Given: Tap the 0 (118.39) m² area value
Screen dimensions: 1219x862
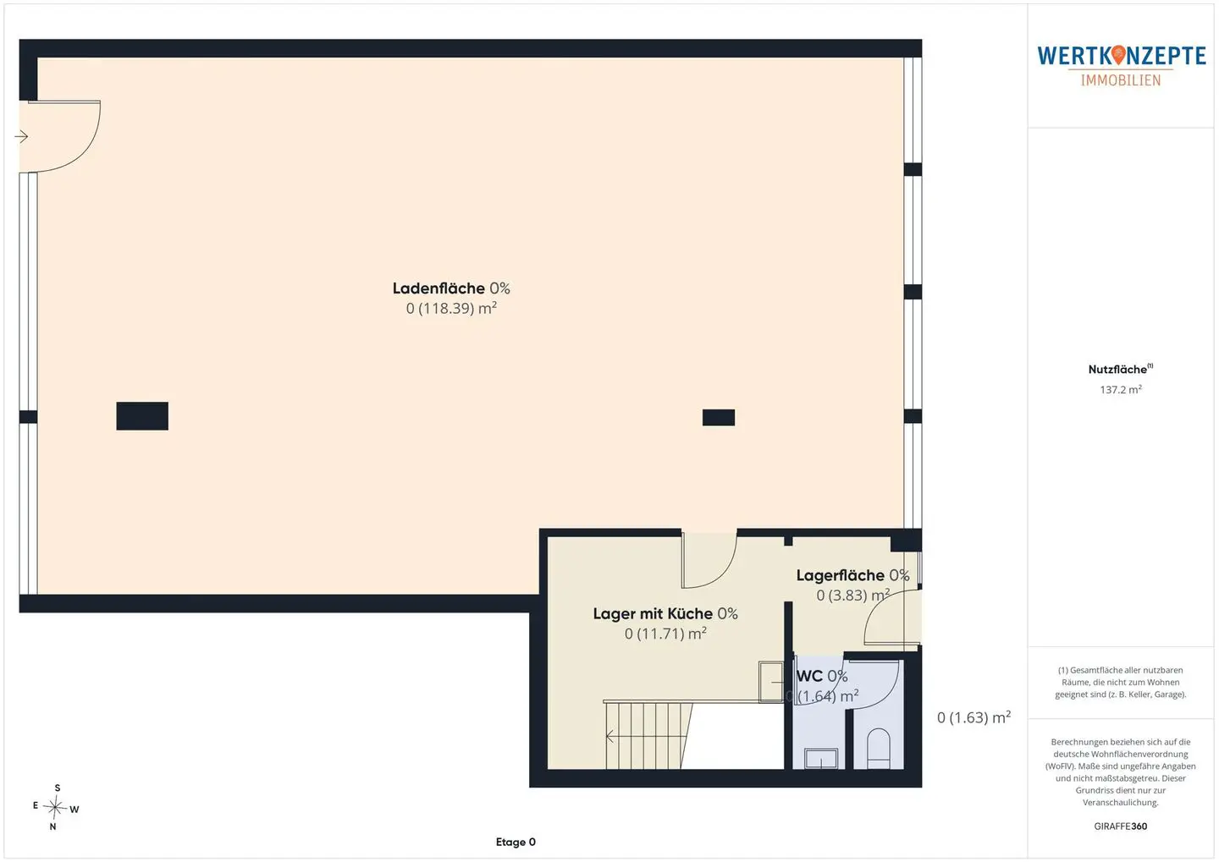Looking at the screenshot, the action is [451, 309].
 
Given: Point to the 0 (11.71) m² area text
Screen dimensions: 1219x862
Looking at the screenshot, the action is [665, 634].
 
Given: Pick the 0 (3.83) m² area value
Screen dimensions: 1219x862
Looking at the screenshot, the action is [852, 595].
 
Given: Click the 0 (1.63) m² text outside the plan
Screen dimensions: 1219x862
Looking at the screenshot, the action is [974, 717].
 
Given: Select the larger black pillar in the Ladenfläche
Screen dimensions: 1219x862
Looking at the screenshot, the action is [142, 416].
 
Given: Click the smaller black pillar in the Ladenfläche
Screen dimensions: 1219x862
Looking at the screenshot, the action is [719, 418].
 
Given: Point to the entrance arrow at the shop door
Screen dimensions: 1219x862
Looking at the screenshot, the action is [21, 136].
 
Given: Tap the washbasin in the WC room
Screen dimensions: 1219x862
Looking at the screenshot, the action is [821, 758].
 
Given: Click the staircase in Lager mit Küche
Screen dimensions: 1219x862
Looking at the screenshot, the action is [648, 736].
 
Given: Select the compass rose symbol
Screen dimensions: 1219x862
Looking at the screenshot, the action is [56, 807].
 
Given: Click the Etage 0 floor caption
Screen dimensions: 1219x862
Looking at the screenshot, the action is [516, 842].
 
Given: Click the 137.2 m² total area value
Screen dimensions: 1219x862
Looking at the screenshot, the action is [1121, 389].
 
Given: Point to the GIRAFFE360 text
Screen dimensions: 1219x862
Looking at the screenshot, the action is [1121, 826].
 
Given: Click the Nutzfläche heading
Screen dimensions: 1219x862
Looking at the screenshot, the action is [1120, 370].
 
